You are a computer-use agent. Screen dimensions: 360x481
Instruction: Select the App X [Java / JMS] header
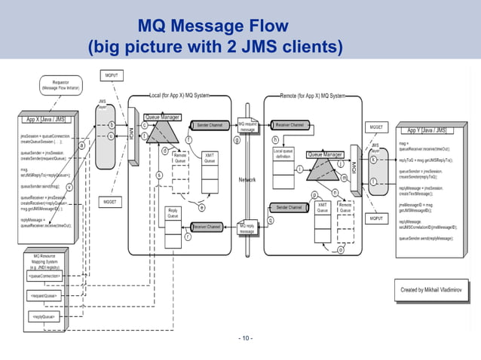click(44, 119)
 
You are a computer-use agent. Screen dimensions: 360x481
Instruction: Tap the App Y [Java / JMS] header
click(426, 130)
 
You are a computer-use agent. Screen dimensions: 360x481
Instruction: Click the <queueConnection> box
click(45, 276)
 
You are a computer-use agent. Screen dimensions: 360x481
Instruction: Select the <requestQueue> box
click(44, 296)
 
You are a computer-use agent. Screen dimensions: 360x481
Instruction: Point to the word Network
click(247, 180)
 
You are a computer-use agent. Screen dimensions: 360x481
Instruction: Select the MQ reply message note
click(247, 228)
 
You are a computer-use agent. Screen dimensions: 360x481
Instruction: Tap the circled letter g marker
click(237, 139)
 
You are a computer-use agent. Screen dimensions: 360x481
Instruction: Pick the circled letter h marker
click(274, 139)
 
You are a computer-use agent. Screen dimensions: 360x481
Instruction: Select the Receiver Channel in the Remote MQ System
click(290, 124)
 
